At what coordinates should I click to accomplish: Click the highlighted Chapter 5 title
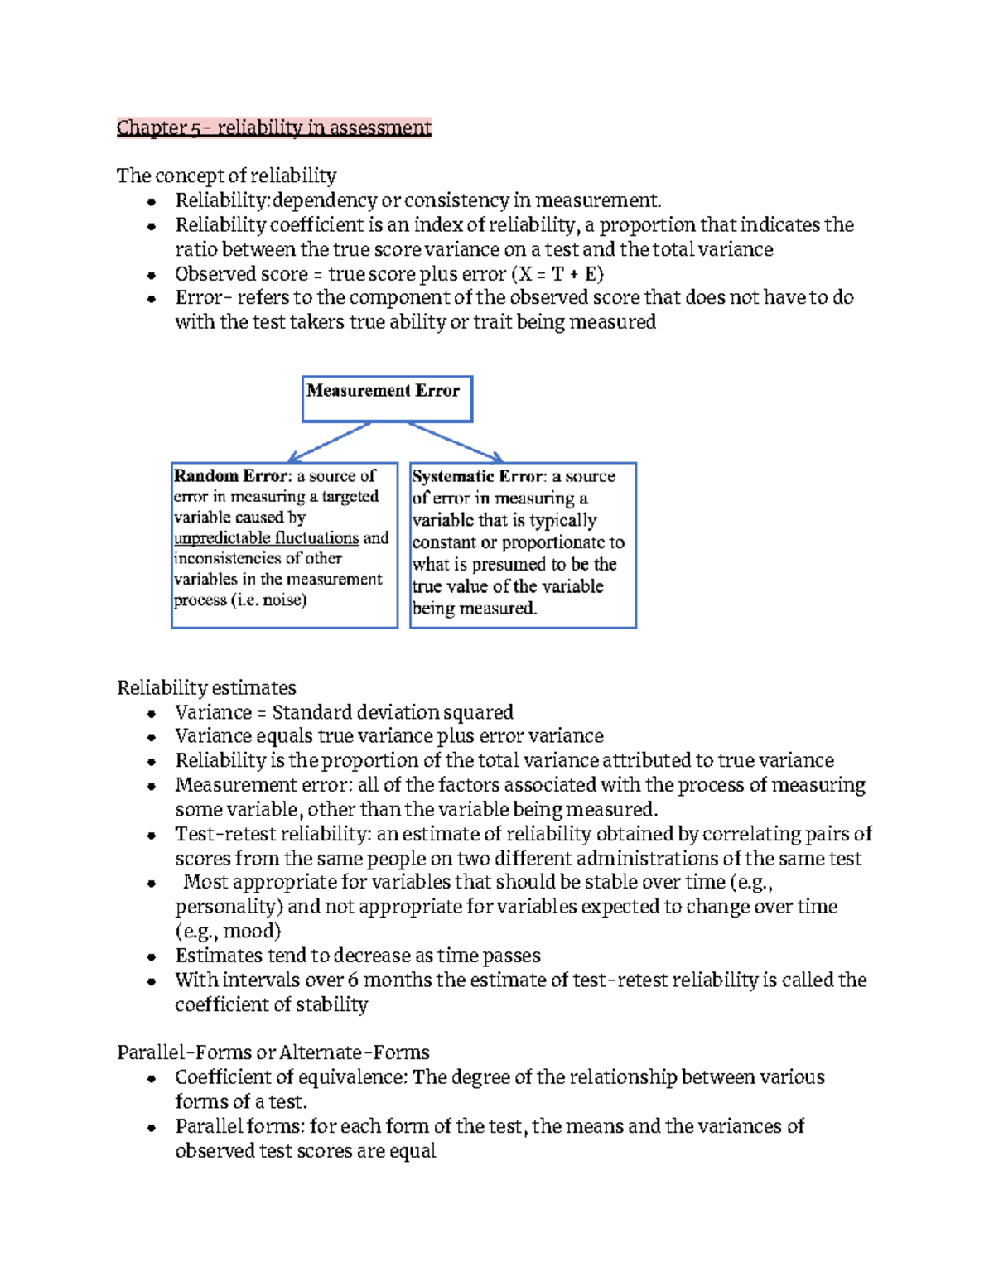273,128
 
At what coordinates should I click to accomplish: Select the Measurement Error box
387,398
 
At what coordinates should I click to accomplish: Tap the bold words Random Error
231,476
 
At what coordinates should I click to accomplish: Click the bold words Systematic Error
478,477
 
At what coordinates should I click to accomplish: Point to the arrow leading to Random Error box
329,442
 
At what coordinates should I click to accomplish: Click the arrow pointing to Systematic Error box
456,442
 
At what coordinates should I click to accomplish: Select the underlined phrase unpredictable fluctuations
266,538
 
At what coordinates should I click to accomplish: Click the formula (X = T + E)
557,274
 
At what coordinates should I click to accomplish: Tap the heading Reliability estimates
206,688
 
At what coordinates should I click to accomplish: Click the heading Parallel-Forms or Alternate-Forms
273,1052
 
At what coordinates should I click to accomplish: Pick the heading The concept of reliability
226,176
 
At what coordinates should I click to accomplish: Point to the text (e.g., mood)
228,931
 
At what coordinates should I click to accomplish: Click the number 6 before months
353,980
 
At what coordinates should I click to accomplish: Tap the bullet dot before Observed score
152,275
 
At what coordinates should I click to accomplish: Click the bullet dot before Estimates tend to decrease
152,956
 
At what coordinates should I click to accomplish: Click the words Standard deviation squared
393,713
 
